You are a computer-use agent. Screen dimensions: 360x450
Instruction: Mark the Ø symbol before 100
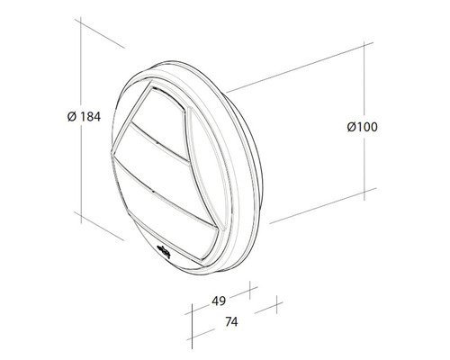(351, 127)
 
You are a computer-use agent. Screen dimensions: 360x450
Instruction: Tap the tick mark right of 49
(250, 294)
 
